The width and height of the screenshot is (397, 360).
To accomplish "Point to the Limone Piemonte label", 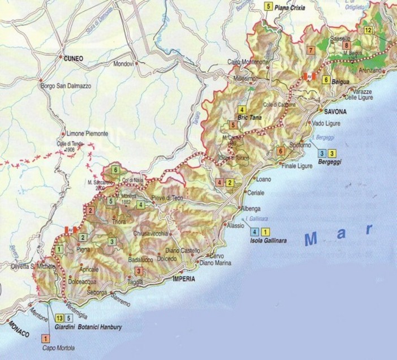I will pos(85,134).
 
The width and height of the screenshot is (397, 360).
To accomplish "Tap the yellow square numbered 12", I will pos(368,30).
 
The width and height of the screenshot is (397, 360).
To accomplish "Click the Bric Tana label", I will pos(249,118).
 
